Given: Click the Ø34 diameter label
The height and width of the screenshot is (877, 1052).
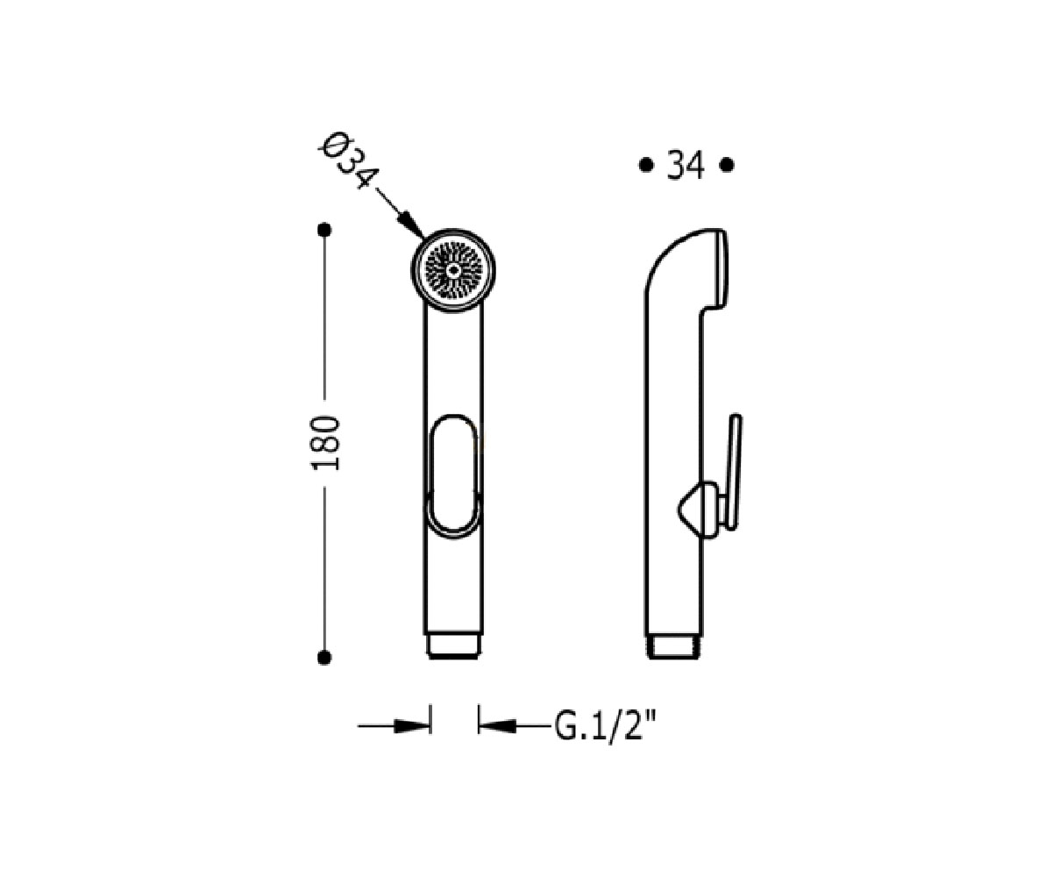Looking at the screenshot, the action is coord(348,160).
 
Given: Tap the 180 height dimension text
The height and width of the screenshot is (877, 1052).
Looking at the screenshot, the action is coord(325,444).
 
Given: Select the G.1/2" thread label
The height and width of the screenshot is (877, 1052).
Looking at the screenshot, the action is coord(606,727).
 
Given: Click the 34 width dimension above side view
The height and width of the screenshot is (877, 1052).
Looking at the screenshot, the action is coord(686,166).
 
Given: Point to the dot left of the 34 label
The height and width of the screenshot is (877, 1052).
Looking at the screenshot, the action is coord(645,165).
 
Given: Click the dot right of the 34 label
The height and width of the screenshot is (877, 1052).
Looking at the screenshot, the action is coord(727,165).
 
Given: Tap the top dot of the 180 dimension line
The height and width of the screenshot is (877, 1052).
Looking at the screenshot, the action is coord(324,230).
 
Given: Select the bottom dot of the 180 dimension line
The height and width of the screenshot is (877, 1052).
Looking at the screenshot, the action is coord(324,657).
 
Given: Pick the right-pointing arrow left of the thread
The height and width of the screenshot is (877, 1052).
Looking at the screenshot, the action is coord(394,726).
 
